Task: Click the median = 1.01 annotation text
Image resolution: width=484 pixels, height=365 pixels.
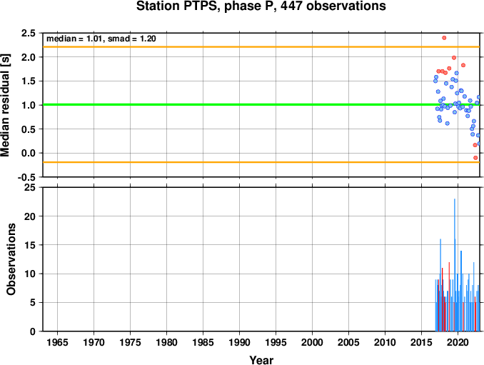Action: (x=74, y=39)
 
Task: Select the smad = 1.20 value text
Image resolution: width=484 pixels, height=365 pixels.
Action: (x=132, y=39)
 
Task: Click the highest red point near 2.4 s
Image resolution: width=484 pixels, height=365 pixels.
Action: (x=444, y=38)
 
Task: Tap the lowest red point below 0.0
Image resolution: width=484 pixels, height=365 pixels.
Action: (x=475, y=158)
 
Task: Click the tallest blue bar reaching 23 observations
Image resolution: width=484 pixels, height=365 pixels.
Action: (x=454, y=265)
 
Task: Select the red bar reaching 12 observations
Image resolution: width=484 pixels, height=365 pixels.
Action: (x=449, y=296)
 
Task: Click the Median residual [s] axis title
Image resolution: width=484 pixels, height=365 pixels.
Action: (x=5, y=105)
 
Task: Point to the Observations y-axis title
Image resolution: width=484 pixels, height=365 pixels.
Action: (x=11, y=259)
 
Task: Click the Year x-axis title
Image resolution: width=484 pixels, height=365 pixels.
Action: (x=261, y=360)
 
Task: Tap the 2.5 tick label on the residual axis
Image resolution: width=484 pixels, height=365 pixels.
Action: (x=28, y=33)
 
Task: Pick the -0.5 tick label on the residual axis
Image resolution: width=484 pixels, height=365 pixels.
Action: (x=26, y=177)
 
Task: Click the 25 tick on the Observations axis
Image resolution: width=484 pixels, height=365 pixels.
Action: (x=30, y=187)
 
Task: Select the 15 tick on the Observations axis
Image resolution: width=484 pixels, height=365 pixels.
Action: (x=30, y=245)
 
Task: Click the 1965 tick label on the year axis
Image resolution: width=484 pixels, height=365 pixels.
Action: (x=57, y=342)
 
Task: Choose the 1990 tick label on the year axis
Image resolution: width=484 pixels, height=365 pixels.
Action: (x=240, y=342)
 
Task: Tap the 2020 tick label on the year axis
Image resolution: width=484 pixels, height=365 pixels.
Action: (x=458, y=342)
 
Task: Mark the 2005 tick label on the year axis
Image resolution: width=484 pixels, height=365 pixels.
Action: (x=349, y=342)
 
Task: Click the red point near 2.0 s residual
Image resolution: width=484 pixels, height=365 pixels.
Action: (x=454, y=58)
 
